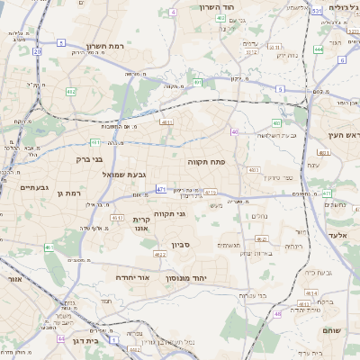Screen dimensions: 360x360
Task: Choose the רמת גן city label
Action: click(68, 193)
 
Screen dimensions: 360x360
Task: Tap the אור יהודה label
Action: click(137, 278)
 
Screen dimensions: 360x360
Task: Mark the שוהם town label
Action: click(330, 330)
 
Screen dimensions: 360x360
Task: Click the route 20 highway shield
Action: click(37, 52)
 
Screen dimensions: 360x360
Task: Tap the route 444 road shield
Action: click(319, 49)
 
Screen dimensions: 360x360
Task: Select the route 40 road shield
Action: click(234, 132)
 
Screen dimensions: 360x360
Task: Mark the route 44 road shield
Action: click(60, 339)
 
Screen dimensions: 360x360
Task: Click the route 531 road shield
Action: click(316, 11)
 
